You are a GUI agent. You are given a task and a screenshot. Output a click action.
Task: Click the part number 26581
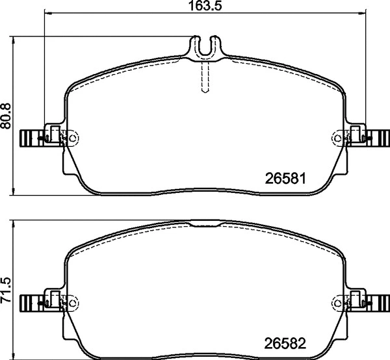285,177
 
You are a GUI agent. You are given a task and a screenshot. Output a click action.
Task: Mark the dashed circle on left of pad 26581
73,138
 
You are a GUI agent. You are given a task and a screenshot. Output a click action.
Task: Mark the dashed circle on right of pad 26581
337,138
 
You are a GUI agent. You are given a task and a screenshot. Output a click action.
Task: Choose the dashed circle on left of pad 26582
73,303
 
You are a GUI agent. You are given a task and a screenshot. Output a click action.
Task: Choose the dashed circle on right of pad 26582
337,303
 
